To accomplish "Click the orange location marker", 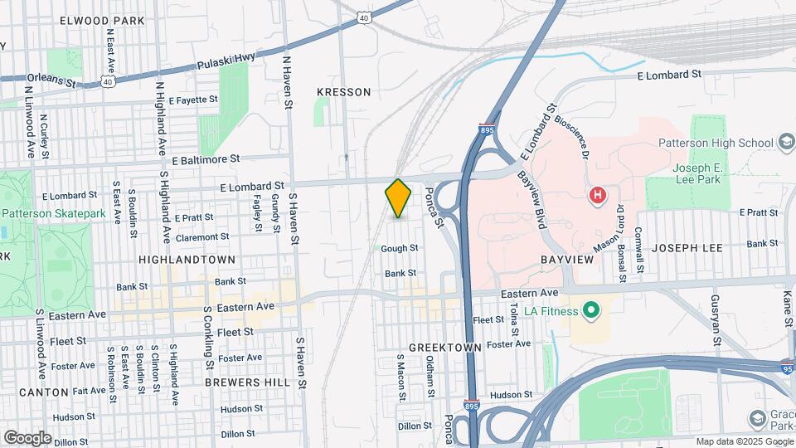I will pos(398,198).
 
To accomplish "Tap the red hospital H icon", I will pos(596,196).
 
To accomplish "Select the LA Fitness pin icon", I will pos(591,311).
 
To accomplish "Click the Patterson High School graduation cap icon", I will pos(784,142).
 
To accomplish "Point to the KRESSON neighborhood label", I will pos(344,92).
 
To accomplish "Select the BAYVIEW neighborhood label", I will pos(568,260).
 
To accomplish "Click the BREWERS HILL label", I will pos(247,382).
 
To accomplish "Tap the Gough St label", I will pos(400,248).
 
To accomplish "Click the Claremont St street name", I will pos(201,236).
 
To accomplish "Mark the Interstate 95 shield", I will pos(788,367).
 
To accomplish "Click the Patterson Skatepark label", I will pos(54,213).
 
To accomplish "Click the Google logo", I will pos(27,437).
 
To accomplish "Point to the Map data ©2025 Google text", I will pos(744,441).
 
